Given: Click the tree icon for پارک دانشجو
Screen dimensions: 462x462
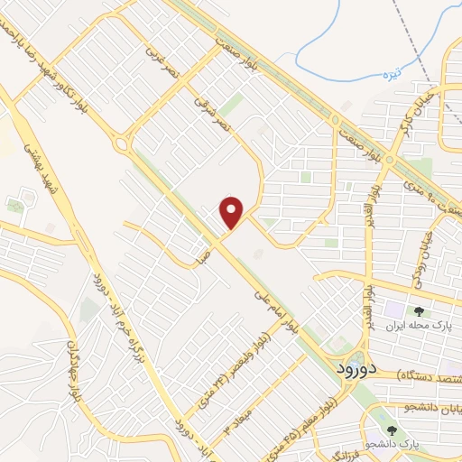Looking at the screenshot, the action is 391,431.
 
